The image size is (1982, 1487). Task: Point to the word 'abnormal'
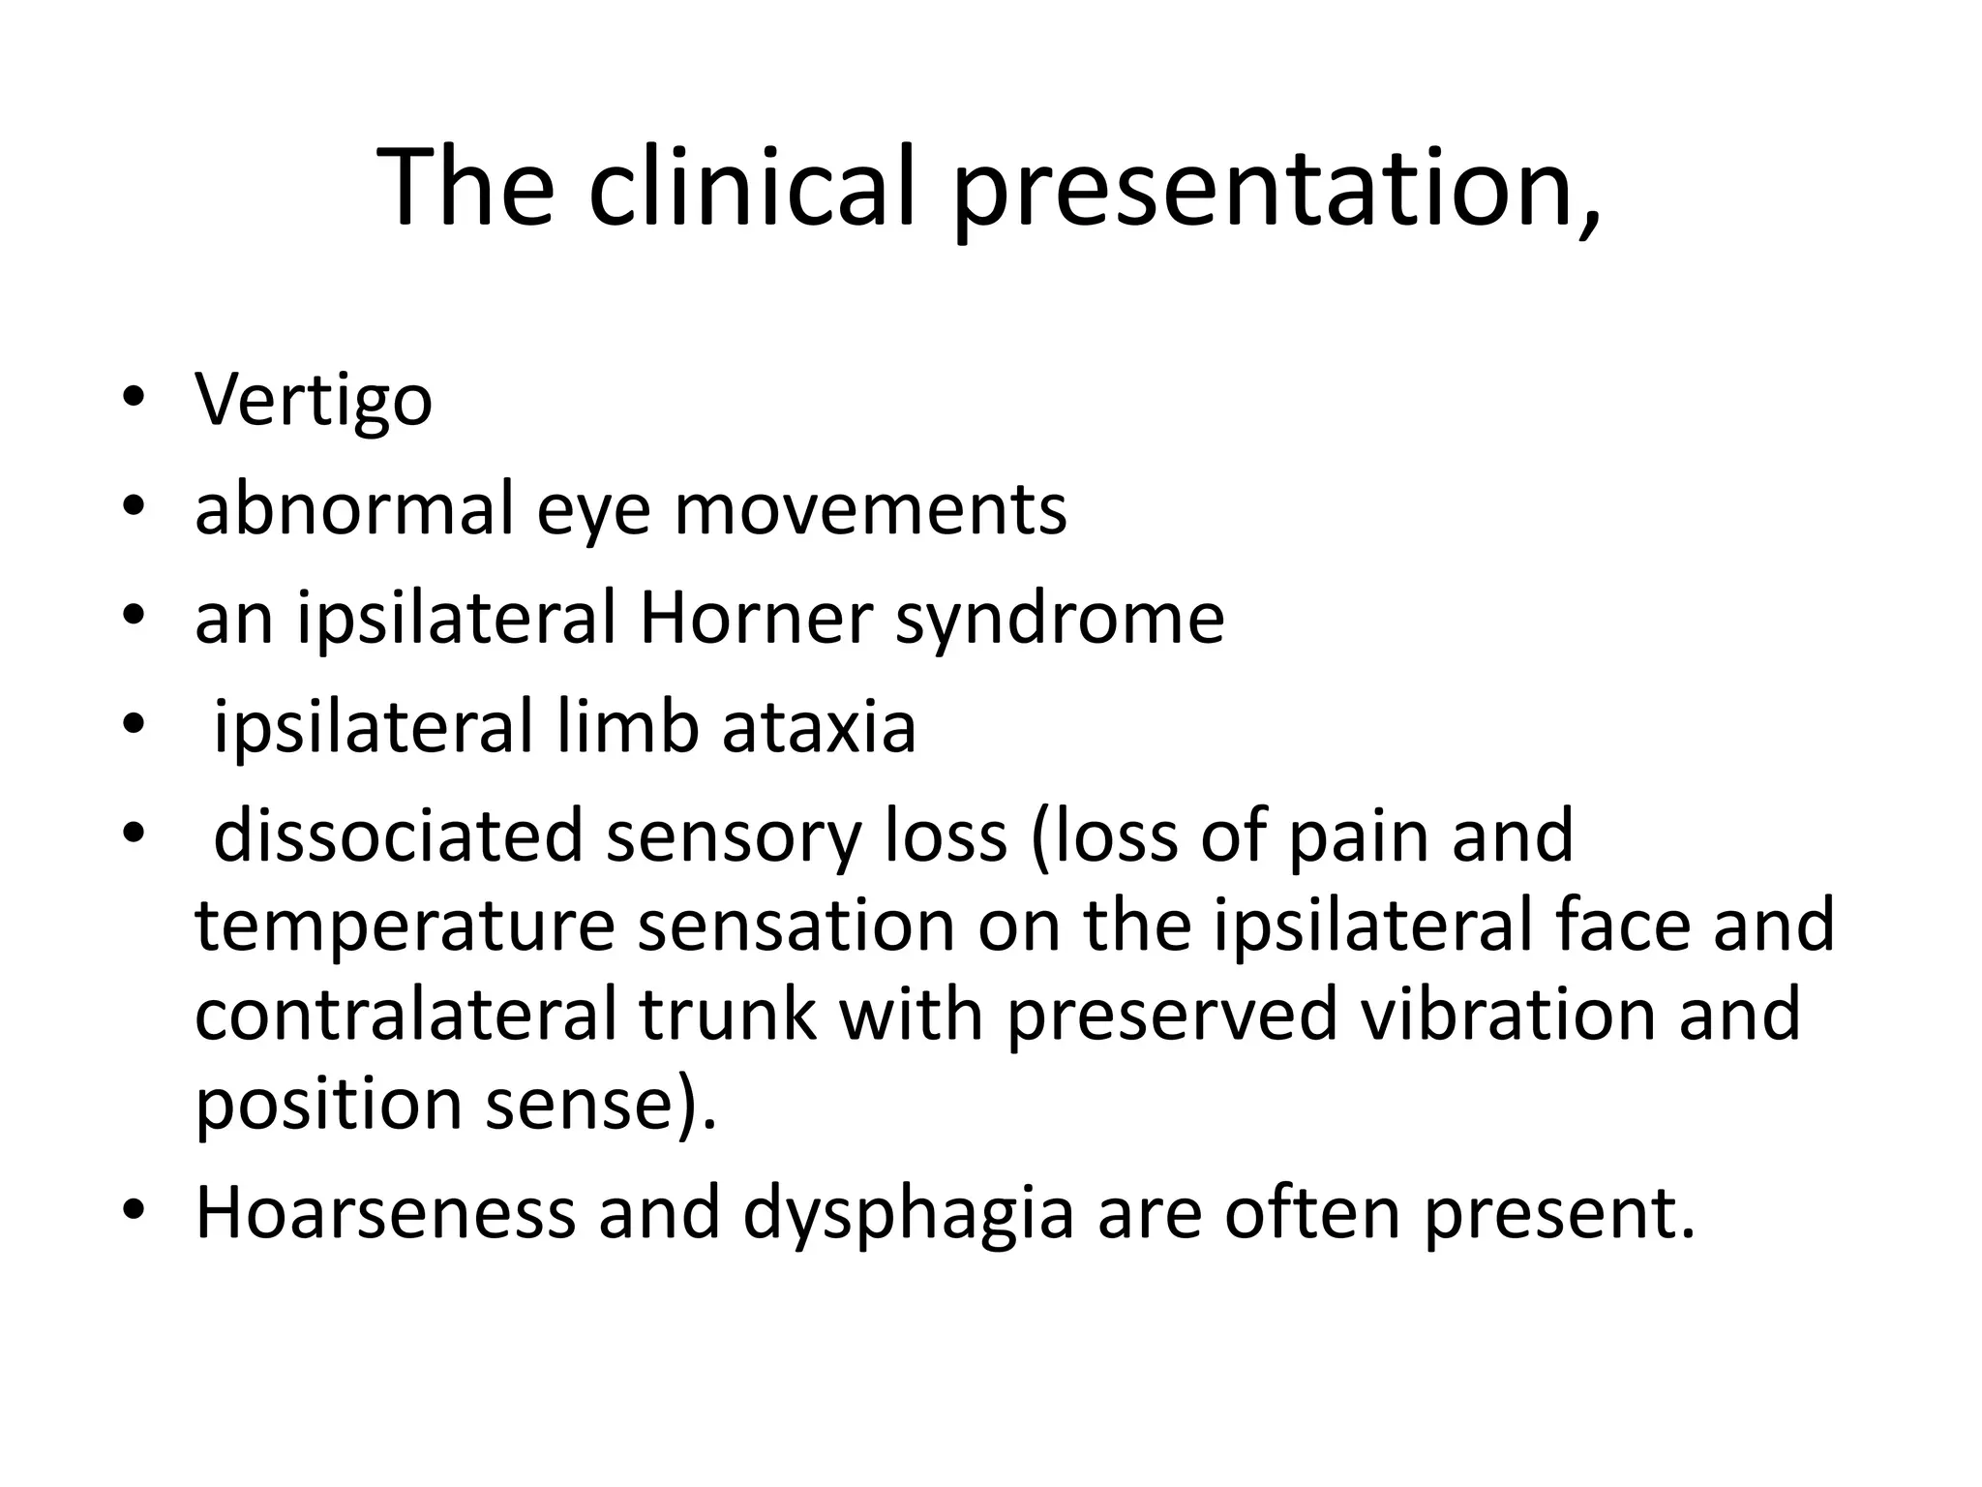[353, 509]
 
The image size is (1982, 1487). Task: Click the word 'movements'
[870, 509]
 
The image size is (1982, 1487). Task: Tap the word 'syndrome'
[1060, 620]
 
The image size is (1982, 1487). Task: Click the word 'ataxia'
[819, 727]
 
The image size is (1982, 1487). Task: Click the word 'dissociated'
[398, 835]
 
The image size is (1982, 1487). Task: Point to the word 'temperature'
[405, 926]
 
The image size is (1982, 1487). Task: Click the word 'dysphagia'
[909, 1214]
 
